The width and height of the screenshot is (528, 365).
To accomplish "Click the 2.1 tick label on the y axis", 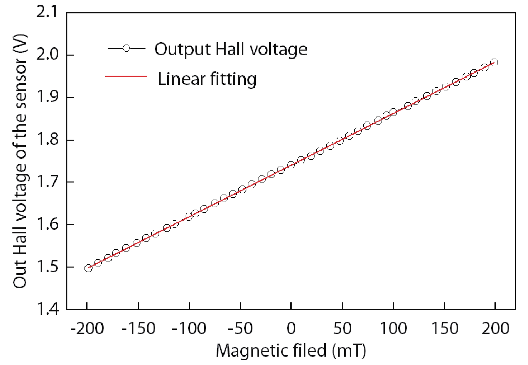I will [47, 13].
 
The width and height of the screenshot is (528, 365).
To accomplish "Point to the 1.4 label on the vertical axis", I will [47, 309].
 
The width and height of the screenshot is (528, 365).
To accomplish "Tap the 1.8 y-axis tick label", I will [47, 140].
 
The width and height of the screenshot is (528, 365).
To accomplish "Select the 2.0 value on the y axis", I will [47, 55].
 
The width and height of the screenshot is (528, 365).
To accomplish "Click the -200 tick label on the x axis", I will [87, 328].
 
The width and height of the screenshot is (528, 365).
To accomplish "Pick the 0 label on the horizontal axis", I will [291, 328].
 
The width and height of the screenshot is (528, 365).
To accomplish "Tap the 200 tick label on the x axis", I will [495, 328].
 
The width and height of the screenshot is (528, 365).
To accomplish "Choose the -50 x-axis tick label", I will [240, 328].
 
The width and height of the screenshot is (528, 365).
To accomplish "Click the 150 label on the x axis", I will [444, 328].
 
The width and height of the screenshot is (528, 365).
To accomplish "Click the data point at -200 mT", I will [88, 268].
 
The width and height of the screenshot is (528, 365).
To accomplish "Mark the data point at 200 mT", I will [494, 62].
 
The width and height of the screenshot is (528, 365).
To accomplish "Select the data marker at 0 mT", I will [291, 165].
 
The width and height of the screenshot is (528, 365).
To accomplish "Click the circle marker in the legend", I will [126, 49].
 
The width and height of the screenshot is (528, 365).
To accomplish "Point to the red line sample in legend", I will [126, 77].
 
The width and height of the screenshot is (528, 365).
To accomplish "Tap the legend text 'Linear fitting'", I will [207, 79].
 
